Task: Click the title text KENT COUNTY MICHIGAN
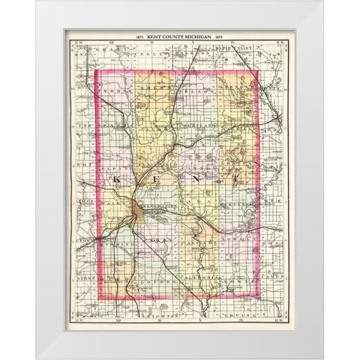(x=180, y=37)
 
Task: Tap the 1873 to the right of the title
(x=222, y=37)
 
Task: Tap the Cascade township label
(x=196, y=245)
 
